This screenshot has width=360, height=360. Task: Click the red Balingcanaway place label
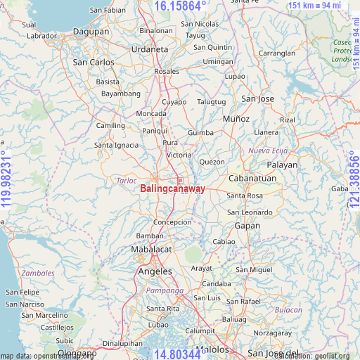point(172,189)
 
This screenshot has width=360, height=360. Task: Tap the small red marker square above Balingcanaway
point(180,181)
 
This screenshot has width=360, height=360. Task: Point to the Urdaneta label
point(149,49)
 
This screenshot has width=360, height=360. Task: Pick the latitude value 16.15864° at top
point(180,6)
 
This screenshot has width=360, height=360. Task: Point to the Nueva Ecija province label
point(264,150)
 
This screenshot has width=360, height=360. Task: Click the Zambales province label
point(38,272)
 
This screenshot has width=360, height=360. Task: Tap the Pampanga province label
point(164,290)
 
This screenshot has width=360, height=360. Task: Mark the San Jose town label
point(257,98)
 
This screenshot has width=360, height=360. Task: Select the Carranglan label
point(276,53)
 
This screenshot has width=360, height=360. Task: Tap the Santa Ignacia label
point(117,145)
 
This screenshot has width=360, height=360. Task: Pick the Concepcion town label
point(172,222)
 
